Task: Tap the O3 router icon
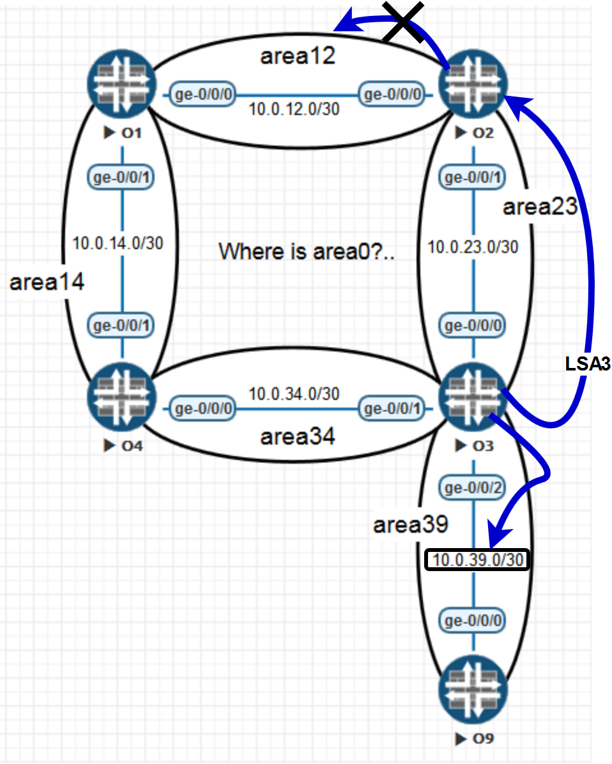[474, 396]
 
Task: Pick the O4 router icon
[122, 396]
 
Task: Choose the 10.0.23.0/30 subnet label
[473, 247]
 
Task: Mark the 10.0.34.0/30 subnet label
[295, 393]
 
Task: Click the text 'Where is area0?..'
[307, 252]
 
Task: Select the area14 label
[47, 282]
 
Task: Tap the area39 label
[410, 526]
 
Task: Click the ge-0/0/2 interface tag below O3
[473, 489]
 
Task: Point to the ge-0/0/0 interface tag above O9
[473, 620]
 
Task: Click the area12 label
[298, 56]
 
